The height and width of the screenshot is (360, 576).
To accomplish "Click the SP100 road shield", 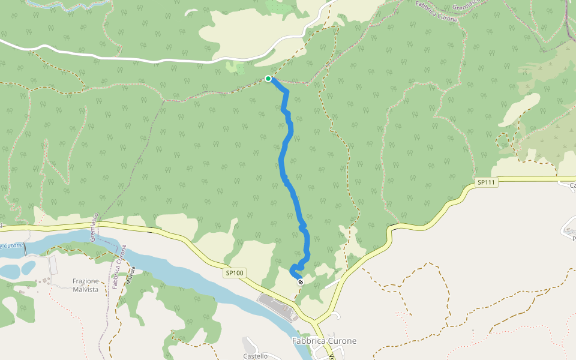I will click(x=235, y=273).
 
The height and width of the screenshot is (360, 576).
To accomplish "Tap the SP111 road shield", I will click(x=487, y=182).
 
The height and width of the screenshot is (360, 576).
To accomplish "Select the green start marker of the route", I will click(x=268, y=78).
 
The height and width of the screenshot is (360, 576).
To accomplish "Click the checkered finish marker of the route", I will click(x=301, y=281).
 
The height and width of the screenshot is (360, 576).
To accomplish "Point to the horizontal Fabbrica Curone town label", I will click(x=324, y=341).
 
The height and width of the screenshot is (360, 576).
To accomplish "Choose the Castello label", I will click(x=256, y=356).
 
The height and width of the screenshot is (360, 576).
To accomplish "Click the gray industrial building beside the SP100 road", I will click(x=277, y=306).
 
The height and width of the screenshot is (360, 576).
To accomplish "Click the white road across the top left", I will click(x=120, y=59).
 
